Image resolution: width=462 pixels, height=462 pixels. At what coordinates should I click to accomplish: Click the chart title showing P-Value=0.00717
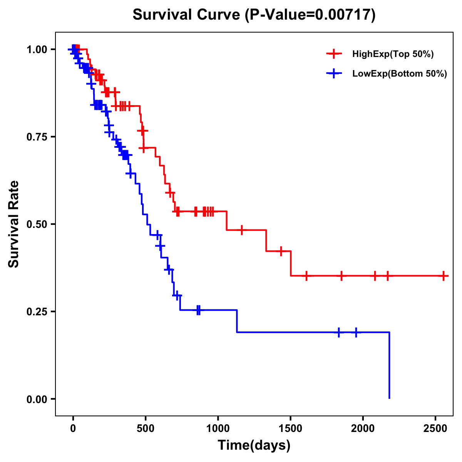pyautogui.click(x=254, y=15)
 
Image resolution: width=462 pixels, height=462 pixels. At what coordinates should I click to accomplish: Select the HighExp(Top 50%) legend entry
pyautogui.click(x=393, y=54)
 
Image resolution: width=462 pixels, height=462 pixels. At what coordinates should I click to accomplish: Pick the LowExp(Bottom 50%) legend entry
pyautogui.click(x=399, y=74)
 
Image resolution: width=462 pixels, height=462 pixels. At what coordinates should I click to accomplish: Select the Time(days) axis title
pyautogui.click(x=254, y=445)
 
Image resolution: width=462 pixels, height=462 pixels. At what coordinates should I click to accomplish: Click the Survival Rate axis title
pyautogui.click(x=14, y=224)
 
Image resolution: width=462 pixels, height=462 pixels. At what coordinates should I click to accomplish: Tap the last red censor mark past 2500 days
pyautogui.click(x=444, y=276)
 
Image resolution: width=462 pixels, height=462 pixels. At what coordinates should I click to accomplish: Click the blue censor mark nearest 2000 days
pyautogui.click(x=356, y=332)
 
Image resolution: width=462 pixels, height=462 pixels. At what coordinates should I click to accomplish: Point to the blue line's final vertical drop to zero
pyautogui.click(x=389, y=366)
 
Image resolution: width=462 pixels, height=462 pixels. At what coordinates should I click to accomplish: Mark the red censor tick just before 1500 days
pyautogui.click(x=281, y=251)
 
